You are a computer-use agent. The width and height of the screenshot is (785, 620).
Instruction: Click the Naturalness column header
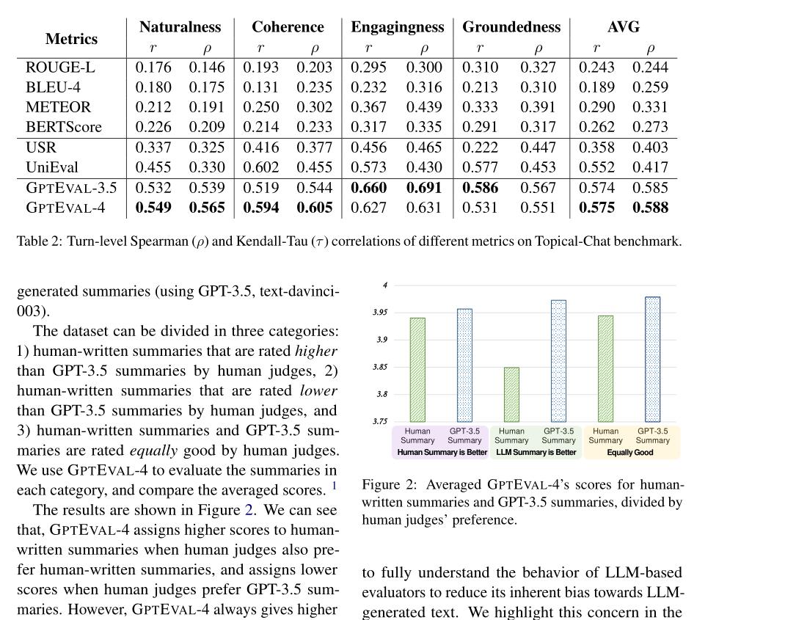[x=180, y=27]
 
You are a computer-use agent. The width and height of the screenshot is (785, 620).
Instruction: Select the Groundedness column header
[x=511, y=27]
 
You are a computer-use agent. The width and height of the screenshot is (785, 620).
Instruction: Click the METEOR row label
[x=58, y=107]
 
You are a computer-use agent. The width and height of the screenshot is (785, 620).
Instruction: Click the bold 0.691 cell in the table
[x=424, y=188]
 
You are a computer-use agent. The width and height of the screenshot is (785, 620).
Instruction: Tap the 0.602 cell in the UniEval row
[x=260, y=167]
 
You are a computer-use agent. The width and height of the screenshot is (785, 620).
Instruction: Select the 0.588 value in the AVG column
[x=650, y=208]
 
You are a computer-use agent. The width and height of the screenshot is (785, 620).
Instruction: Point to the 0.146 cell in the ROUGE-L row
[x=207, y=68]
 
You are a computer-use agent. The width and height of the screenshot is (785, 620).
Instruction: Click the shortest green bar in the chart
[x=511, y=394]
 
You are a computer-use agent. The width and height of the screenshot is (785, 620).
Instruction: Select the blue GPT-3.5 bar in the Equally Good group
[x=652, y=359]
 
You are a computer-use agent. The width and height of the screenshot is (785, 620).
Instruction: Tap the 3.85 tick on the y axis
[x=380, y=367]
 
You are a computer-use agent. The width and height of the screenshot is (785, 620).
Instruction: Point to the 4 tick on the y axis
[x=385, y=285]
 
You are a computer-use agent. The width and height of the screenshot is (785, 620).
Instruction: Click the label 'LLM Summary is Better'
[x=536, y=453]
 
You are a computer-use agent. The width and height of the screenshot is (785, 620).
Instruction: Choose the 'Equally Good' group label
[x=629, y=453]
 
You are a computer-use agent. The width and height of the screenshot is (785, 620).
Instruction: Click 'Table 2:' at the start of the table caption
[x=40, y=241]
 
